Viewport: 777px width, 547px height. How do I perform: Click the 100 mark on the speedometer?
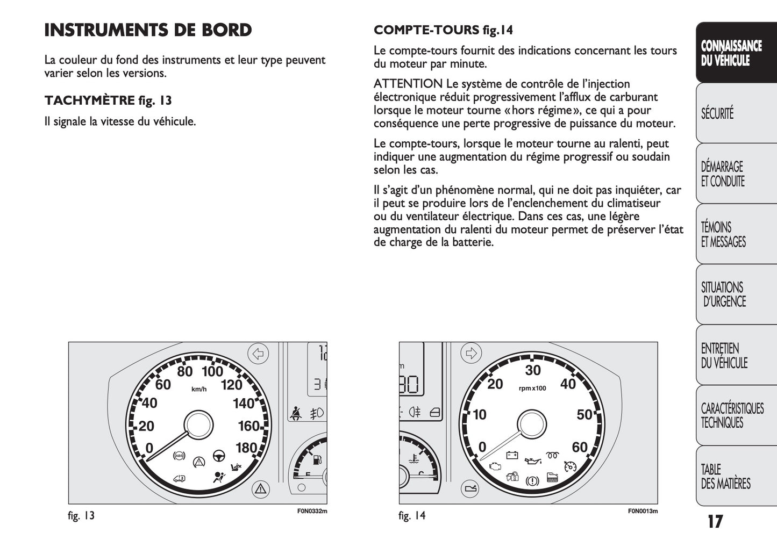(x=212, y=371)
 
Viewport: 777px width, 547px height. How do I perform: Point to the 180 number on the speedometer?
(x=246, y=448)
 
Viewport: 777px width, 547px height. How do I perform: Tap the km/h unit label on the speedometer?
(x=199, y=389)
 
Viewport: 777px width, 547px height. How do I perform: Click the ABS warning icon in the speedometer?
(x=179, y=456)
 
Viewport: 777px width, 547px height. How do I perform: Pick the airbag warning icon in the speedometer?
(x=219, y=476)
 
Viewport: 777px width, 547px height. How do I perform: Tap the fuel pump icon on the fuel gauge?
(x=317, y=460)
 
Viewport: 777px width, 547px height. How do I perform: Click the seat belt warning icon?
(x=295, y=413)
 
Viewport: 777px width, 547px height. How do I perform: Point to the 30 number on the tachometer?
(x=533, y=370)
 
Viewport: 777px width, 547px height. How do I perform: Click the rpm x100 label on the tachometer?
(x=532, y=388)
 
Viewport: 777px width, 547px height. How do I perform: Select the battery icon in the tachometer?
(x=512, y=456)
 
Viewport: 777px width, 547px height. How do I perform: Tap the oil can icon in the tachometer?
(x=532, y=460)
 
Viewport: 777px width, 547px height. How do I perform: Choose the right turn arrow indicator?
(x=472, y=353)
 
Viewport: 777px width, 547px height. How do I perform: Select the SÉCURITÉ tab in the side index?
(x=718, y=114)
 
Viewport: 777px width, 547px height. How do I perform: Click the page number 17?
(x=715, y=521)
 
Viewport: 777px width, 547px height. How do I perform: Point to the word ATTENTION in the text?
(x=408, y=84)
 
